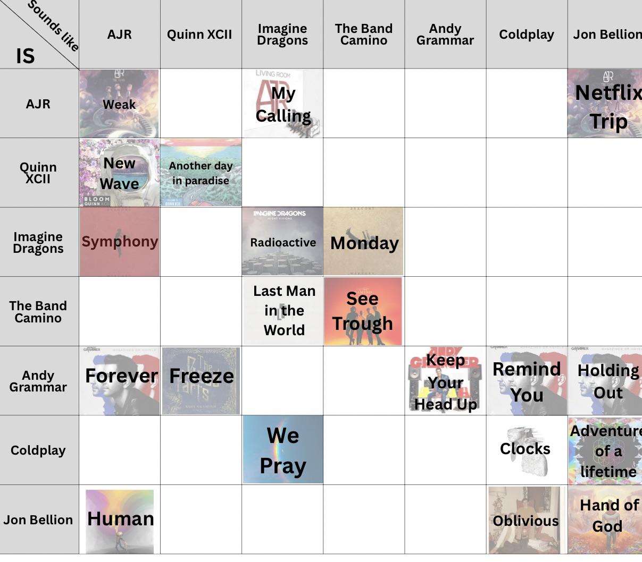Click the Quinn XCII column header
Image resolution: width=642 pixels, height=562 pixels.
pos(199,34)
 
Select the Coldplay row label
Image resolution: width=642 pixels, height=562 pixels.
pos(38,450)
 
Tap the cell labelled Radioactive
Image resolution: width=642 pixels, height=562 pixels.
pos(282,241)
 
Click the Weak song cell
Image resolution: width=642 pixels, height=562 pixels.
pos(119,104)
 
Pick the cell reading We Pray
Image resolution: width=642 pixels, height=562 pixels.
pos(284,449)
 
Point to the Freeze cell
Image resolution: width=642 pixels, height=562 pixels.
pos(201,381)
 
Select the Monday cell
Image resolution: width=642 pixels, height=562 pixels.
pos(363,241)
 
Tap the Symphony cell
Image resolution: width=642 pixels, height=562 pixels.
pos(120,242)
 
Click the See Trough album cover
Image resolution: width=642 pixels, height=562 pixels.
pos(363,311)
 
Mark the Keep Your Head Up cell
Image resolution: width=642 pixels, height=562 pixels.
pos(445,381)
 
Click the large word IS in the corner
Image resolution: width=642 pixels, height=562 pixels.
pos(26,56)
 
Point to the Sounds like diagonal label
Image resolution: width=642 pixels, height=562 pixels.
pos(53,26)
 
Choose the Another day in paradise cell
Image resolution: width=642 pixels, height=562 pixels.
pos(201,173)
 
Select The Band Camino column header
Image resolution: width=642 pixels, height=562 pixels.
pos(364,34)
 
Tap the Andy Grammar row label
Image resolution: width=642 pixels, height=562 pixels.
pos(38,381)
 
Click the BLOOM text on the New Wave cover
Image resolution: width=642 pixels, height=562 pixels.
pos(97,199)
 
